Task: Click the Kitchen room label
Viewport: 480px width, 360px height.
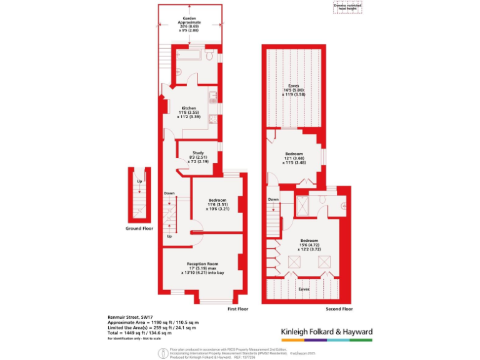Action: point(189,111)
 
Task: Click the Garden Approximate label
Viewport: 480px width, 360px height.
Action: point(189,25)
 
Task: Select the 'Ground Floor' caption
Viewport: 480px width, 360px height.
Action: point(139,229)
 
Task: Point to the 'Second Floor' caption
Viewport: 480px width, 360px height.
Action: point(339,309)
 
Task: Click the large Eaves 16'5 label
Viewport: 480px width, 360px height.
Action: point(293,89)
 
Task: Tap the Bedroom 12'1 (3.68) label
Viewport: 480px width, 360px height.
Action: point(294,157)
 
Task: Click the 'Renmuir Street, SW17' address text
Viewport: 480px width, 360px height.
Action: point(131,317)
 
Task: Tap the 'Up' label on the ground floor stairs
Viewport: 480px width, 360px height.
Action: point(139,181)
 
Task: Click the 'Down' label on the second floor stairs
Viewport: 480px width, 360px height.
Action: point(273,199)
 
